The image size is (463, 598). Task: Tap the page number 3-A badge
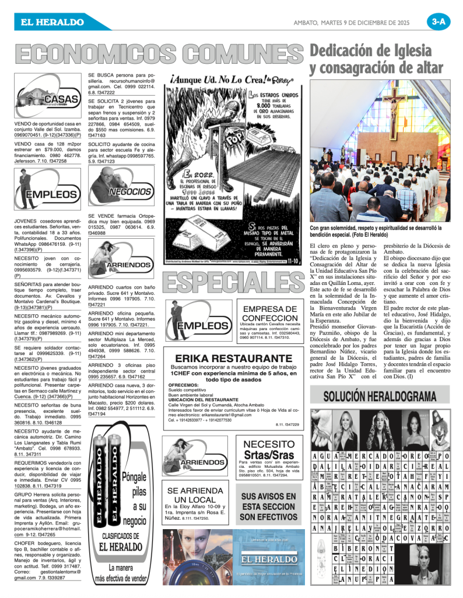coord(438,22)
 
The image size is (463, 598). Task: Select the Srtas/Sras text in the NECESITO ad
coord(268,455)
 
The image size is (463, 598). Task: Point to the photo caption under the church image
coord(376,231)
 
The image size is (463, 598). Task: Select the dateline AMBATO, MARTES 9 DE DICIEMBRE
coord(358,22)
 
